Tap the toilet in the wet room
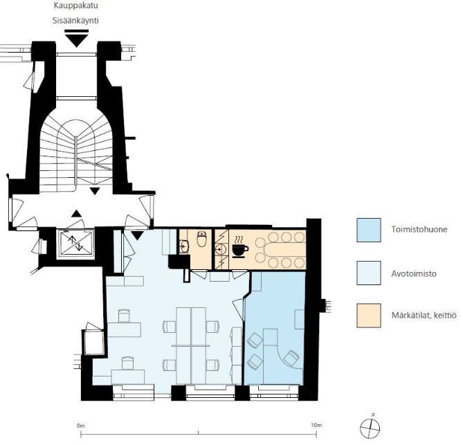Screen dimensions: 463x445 click(x=202, y=239)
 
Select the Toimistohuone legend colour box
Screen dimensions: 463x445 click(x=369, y=230)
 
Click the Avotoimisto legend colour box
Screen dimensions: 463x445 click(x=369, y=273)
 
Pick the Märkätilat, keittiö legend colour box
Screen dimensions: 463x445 click(x=369, y=316)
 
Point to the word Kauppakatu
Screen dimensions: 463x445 click(x=76, y=6)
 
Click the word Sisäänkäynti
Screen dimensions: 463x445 click(x=75, y=21)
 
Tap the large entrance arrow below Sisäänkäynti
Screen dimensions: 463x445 click(x=77, y=40)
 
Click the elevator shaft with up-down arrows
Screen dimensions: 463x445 click(x=75, y=244)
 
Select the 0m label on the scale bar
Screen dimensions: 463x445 click(x=80, y=426)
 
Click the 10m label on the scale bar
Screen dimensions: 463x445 click(x=316, y=425)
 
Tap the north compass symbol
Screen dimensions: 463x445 click(x=370, y=428)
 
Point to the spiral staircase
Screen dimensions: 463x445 click(x=76, y=154)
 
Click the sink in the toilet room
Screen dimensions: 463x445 click(x=184, y=246)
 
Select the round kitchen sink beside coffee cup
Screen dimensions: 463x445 click(x=220, y=250)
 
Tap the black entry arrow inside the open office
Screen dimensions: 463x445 click(x=137, y=235)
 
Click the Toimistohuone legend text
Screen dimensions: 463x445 click(x=419, y=230)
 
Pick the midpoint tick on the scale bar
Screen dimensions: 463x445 click(x=199, y=433)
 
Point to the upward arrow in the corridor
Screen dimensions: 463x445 click(x=77, y=213)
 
